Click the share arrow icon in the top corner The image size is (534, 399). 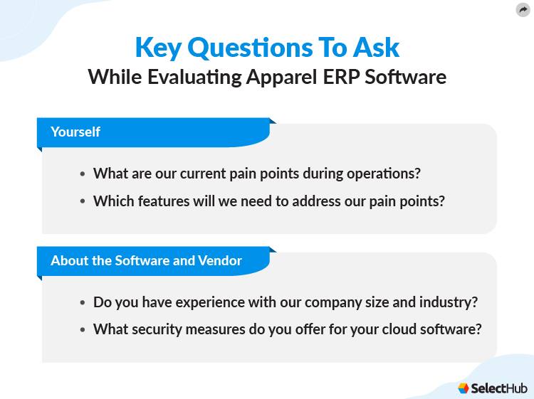pyautogui.click(x=523, y=9)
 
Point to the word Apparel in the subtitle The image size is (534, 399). pyautogui.click(x=278, y=77)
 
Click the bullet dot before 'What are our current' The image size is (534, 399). pyautogui.click(x=83, y=174)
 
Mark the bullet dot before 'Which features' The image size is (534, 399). pyautogui.click(x=83, y=201)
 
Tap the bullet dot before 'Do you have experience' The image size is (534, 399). pyautogui.click(x=83, y=302)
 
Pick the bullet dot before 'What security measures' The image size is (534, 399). pyautogui.click(x=83, y=330)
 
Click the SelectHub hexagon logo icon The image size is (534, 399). pyautogui.click(x=464, y=388)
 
